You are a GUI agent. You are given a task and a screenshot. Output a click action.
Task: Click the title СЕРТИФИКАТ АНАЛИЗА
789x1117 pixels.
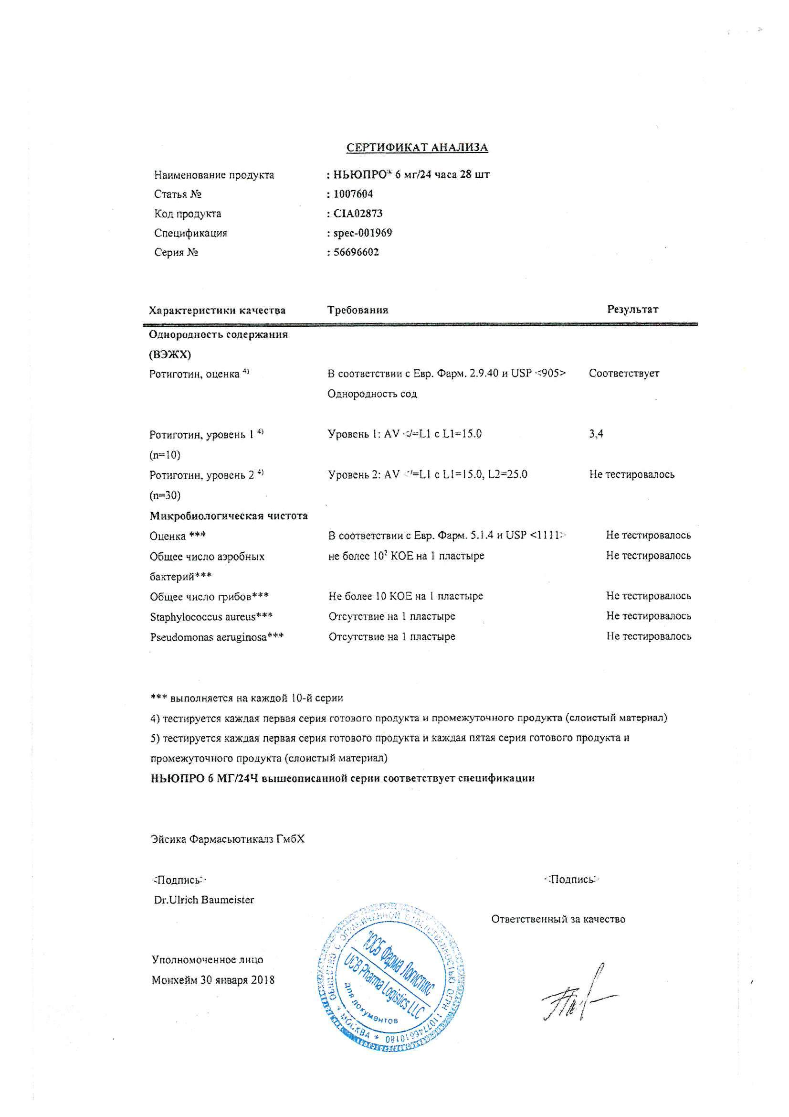point(417,148)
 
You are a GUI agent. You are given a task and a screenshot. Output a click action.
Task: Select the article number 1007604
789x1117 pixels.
point(353,194)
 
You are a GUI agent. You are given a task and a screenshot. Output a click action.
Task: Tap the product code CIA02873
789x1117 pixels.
point(358,214)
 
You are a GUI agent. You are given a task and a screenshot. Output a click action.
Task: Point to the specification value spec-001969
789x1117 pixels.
point(363,233)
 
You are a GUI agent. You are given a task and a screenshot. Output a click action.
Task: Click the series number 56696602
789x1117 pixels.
point(356,252)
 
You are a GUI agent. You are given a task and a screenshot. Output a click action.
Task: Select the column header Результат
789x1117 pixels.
point(633,310)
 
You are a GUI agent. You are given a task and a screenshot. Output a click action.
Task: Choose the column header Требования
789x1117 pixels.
point(358,310)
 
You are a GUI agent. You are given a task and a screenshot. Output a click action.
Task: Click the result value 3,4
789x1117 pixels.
point(596,434)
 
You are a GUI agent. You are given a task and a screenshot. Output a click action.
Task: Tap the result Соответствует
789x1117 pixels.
point(624,374)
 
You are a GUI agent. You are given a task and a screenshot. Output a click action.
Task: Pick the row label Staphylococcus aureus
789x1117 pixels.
point(211,617)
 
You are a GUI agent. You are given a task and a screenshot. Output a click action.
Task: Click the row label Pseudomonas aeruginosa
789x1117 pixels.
point(217,637)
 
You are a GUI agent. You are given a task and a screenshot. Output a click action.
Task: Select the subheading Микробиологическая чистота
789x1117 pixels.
point(229,516)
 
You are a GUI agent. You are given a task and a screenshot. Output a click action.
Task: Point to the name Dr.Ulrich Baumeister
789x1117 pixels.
point(204,900)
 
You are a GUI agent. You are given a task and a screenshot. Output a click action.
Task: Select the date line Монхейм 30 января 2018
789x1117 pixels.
point(213,980)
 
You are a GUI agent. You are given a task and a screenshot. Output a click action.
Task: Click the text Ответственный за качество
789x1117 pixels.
point(558,920)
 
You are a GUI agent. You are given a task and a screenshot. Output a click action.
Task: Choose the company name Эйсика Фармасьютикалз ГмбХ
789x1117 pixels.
point(228,839)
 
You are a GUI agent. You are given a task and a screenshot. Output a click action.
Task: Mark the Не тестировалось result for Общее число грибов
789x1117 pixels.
point(648,596)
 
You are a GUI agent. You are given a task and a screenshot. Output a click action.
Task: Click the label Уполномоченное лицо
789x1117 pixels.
point(208,960)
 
